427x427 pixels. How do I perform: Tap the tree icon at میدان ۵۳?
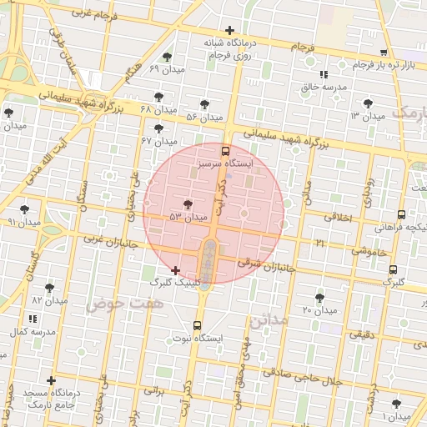pyautogui.click(x=188, y=204)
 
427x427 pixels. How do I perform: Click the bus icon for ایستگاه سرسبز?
pyautogui.click(x=225, y=152)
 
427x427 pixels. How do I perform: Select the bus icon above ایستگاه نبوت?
pyautogui.click(x=197, y=325)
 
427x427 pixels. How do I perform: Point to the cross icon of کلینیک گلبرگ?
pyautogui.click(x=174, y=270)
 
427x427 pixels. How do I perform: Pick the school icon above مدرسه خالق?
pyautogui.click(x=324, y=75)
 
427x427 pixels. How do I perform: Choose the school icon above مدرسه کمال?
pyautogui.click(x=33, y=319)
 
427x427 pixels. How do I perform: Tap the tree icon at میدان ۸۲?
pyautogui.click(x=49, y=288)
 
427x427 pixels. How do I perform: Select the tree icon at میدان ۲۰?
pyautogui.click(x=319, y=298)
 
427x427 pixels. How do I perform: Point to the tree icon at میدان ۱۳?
pyautogui.click(x=368, y=103)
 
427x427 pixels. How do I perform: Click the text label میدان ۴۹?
pyautogui.click(x=166, y=68)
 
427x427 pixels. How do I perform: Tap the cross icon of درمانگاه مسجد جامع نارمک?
pyautogui.click(x=52, y=380)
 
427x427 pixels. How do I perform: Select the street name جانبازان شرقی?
pyautogui.click(x=266, y=266)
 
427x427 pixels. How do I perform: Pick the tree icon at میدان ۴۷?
pyautogui.click(x=158, y=128)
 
